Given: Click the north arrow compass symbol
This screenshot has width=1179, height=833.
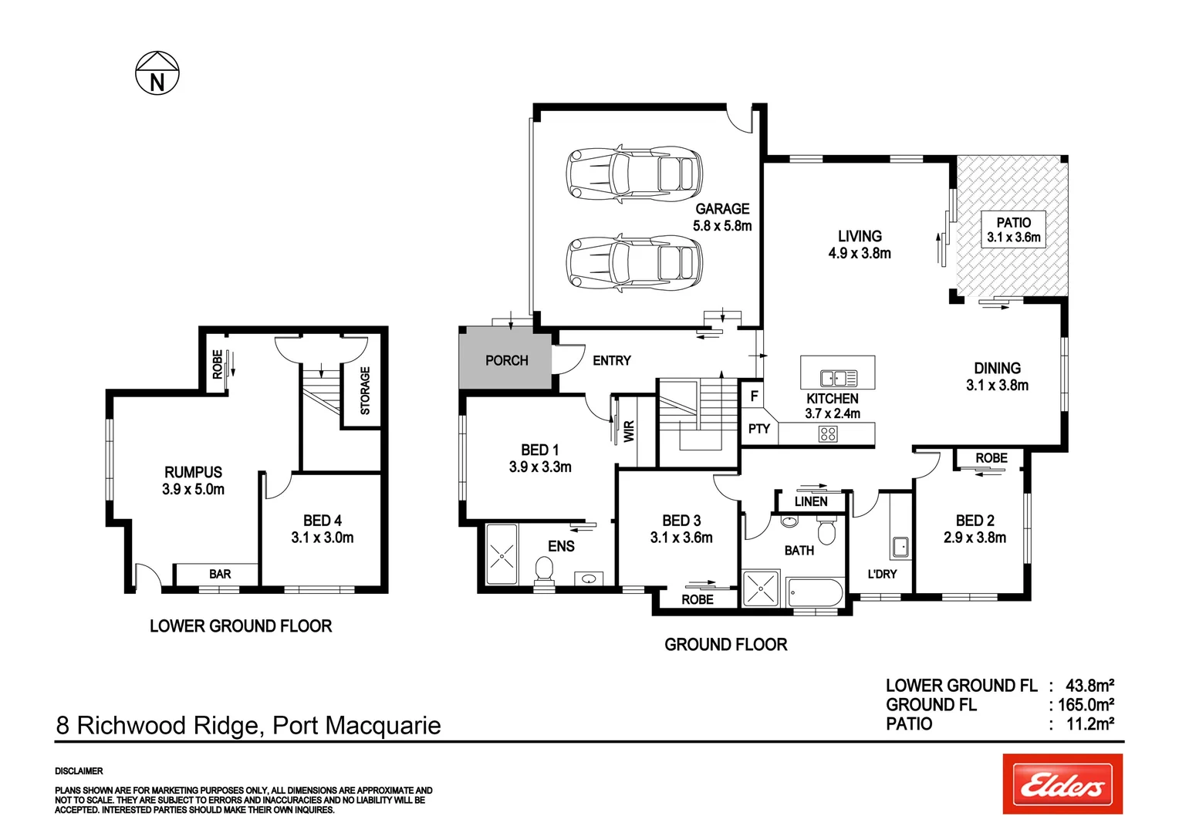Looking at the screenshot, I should tap(157, 73).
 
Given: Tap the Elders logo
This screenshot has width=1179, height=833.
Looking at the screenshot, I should tap(1062, 784).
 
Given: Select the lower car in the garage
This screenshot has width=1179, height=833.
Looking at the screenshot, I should tap(634, 263).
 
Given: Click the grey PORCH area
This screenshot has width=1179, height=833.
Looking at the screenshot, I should tap(505, 359).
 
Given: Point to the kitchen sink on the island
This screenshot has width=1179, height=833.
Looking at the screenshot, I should tap(838, 378).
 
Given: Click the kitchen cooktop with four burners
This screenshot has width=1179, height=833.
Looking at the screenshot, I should tap(828, 434).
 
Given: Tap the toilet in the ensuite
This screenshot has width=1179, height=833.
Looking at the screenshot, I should tap(544, 572).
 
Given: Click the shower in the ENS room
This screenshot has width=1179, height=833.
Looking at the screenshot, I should tap(502, 554).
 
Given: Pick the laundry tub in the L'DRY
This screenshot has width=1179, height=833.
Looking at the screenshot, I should tap(900, 547).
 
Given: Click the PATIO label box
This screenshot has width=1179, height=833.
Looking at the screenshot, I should tap(1013, 230).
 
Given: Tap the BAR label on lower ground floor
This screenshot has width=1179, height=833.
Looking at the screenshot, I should tap(220, 574).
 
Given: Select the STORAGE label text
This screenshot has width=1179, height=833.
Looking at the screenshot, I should tap(366, 390).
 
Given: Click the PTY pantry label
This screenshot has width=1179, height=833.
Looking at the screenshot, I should tap(758, 429).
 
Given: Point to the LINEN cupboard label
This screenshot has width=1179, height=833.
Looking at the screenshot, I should tap(810, 501).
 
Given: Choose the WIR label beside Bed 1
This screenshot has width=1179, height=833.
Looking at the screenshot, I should tap(629, 431).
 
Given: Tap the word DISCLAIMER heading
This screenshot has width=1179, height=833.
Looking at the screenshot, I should tap(79, 771).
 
